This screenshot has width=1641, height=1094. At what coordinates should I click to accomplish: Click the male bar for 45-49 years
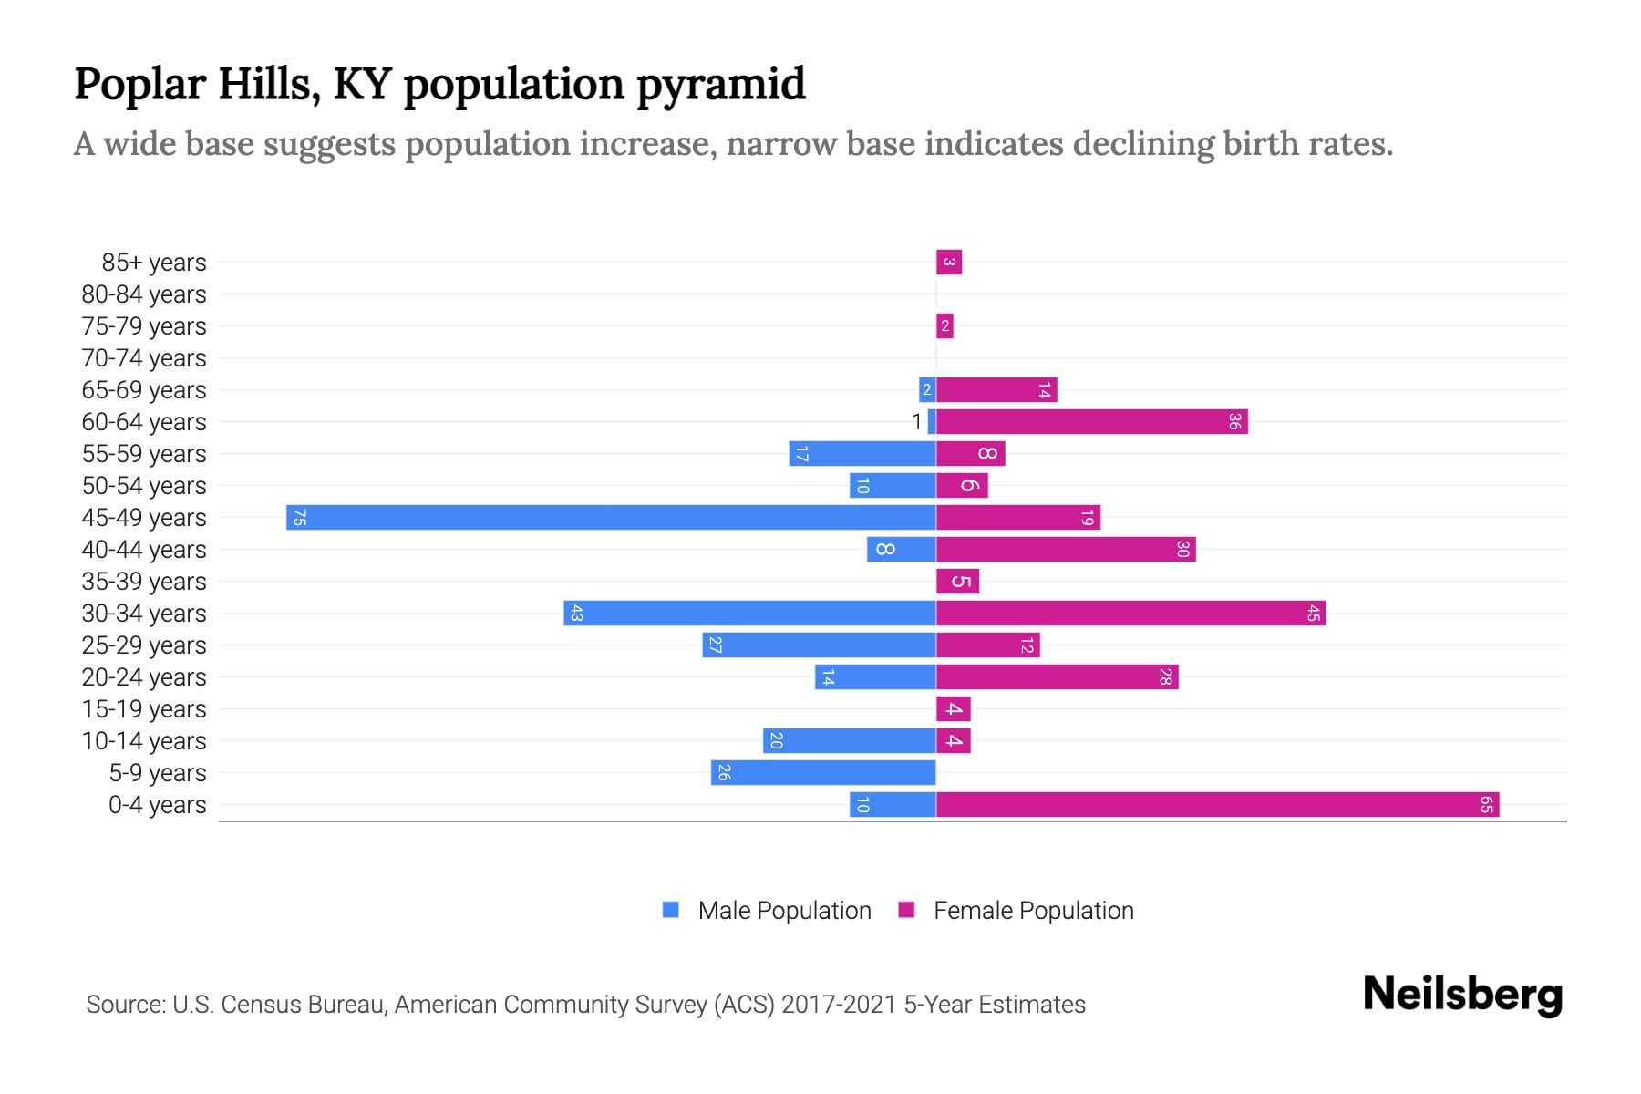coord(611,517)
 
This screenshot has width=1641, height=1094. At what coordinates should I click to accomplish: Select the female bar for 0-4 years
coord(1217,804)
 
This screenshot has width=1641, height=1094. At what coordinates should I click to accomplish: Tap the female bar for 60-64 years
coord(1091,421)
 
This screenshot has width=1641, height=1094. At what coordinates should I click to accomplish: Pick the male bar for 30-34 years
coord(749,613)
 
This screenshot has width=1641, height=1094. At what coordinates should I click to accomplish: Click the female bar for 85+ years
coord(949,262)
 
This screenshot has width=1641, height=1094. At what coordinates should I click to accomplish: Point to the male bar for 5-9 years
coord(823,772)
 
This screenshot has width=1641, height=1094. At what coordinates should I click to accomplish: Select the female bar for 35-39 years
coord(957,581)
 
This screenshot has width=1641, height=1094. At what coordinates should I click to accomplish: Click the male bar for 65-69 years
coord(927,389)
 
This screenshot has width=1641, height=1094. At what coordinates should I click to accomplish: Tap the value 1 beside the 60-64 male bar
coord(916,421)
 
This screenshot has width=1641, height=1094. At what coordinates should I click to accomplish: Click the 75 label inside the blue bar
coord(299,517)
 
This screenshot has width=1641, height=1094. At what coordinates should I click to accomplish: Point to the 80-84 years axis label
coord(144,294)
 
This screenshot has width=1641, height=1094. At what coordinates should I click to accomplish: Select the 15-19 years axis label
coord(144,708)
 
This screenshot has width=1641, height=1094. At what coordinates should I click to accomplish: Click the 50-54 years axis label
coord(144,485)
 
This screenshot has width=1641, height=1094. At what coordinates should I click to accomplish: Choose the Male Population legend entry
coord(784,910)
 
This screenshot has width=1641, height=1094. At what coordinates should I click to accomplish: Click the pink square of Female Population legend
coord(906,910)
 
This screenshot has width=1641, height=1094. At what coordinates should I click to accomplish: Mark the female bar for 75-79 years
coord(944,325)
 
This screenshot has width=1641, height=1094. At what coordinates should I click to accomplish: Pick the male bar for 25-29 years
coord(819,645)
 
